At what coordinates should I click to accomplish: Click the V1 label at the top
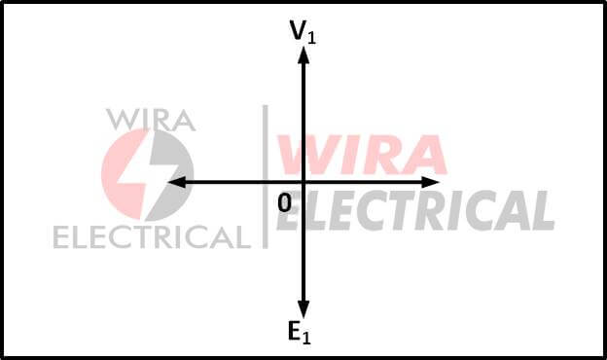click(303, 31)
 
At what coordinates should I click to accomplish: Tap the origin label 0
click(284, 203)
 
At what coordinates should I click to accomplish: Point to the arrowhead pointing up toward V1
click(303, 54)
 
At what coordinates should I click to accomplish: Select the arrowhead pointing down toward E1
click(303, 308)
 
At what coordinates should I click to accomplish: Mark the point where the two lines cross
click(303, 182)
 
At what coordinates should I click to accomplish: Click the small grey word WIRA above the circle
click(151, 120)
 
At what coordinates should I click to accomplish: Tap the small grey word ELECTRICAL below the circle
click(150, 236)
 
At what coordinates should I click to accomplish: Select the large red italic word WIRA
click(362, 156)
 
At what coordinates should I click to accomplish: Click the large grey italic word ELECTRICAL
click(414, 210)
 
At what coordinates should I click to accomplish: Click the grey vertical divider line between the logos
click(265, 175)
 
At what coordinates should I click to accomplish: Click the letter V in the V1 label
click(298, 30)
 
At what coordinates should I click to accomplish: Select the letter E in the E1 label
click(294, 332)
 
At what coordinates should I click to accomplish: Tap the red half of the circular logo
click(119, 175)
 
